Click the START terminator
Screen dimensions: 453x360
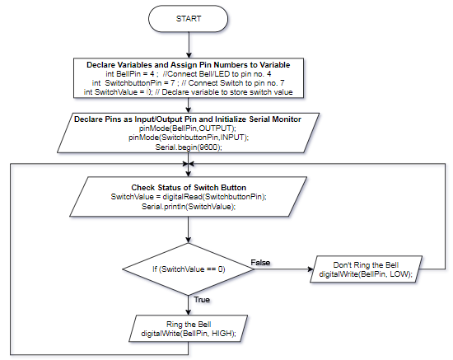pyautogui.click(x=188, y=19)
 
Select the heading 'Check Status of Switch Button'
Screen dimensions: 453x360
pyautogui.click(x=189, y=188)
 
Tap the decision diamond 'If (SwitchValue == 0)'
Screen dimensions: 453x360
pyautogui.click(x=189, y=269)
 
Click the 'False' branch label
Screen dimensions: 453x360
pyautogui.click(x=260, y=263)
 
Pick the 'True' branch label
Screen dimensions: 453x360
pyautogui.click(x=202, y=300)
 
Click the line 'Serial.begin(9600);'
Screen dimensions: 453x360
pyautogui.click(x=189, y=147)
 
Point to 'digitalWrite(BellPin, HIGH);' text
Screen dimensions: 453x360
pyautogui.click(x=189, y=334)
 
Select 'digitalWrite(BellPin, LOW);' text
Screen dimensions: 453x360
pyautogui.click(x=366, y=274)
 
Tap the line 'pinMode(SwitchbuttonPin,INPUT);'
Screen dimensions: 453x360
pyautogui.click(x=189, y=138)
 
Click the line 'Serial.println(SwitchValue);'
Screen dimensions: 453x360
pyautogui.click(x=189, y=207)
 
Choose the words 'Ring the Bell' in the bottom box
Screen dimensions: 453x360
pyautogui.click(x=189, y=325)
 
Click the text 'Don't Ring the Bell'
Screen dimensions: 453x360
pyautogui.click(x=366, y=265)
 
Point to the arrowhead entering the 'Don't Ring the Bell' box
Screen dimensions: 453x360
pyautogui.click(x=311, y=269)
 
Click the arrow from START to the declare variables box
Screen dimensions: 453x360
pyautogui.click(x=189, y=44)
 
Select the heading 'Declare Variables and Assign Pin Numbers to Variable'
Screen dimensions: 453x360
pyautogui.click(x=189, y=65)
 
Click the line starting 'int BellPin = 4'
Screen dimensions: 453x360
pyautogui.click(x=189, y=74)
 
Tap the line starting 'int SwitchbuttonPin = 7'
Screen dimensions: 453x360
pyautogui.click(x=189, y=83)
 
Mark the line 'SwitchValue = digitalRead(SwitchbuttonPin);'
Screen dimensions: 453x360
pyautogui.click(x=189, y=197)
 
